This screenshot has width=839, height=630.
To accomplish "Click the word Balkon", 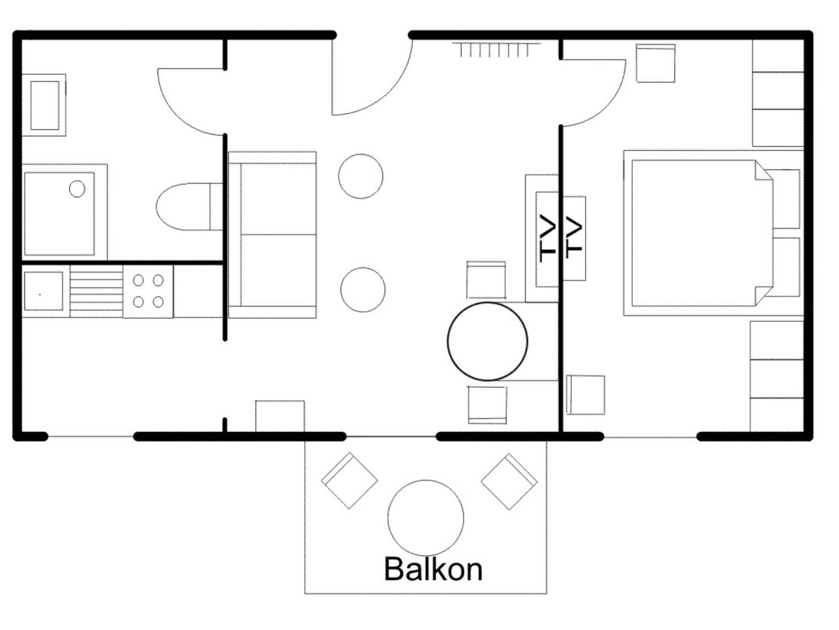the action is coord(433,569).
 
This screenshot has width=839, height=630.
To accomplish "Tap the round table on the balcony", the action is coord(426,518).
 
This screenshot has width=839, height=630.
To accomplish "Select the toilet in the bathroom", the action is coord(189,206).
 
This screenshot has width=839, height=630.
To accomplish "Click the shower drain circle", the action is coord(77,189).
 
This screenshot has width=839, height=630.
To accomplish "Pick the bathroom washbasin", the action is coord(45,105).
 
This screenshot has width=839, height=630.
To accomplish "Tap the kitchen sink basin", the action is coord(43,291).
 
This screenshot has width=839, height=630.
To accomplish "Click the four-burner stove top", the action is coord(148,291).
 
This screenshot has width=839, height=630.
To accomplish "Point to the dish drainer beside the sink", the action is coord(96,291).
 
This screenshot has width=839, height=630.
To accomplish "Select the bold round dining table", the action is coord(488,342).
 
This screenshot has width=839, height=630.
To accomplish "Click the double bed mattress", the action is coord(702,233).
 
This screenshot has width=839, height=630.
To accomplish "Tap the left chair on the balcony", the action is coord(349,480).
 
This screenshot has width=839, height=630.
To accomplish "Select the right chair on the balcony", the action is coord(509,482).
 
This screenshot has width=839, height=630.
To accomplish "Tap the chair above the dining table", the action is coord(486,280).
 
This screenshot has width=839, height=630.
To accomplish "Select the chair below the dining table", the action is coord(488,405).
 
